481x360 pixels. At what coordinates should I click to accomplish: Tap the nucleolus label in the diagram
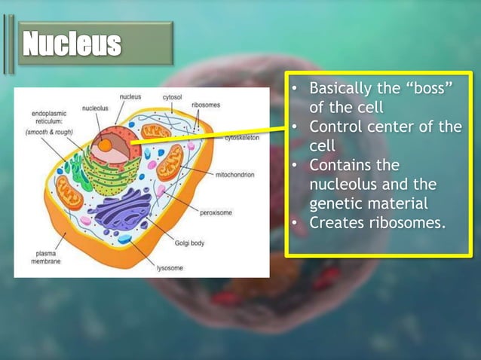95,108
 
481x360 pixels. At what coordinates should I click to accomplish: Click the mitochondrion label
234,174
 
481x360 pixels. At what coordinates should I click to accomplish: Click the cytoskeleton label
242,139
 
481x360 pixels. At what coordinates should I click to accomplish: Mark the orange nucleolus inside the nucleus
107,143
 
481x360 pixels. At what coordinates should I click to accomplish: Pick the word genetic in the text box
337,203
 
